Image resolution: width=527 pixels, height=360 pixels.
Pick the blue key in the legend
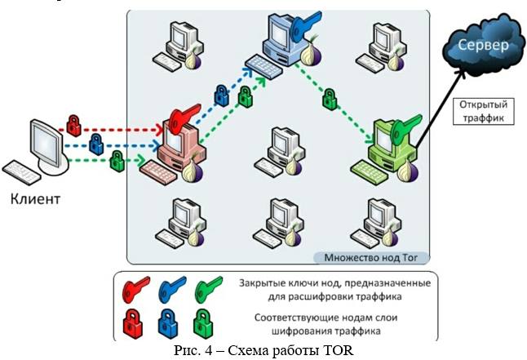(x=171, y=288)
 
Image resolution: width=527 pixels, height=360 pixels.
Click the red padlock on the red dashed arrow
(x=73, y=123)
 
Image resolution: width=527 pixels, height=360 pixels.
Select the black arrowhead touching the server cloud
(x=471, y=70)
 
